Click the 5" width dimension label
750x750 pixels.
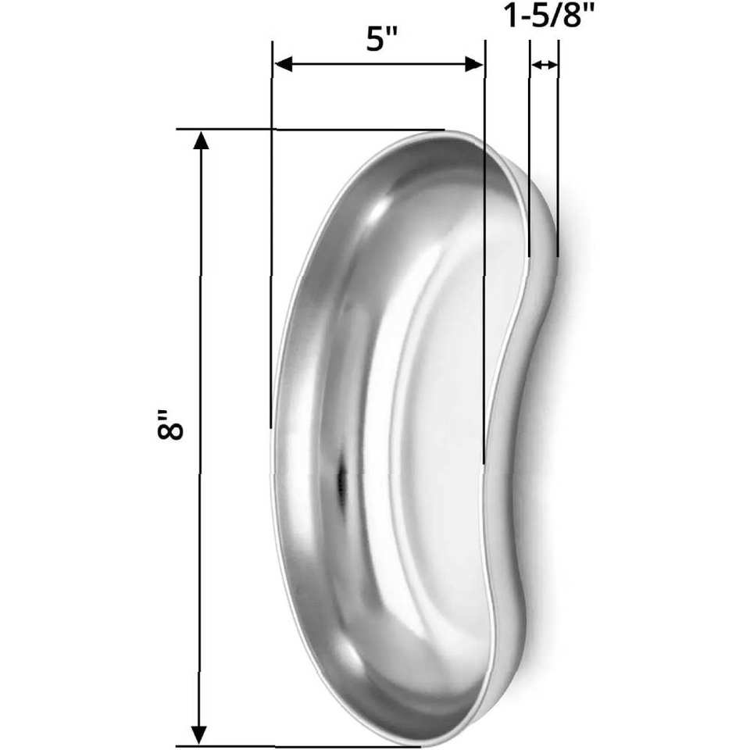coord(382,38)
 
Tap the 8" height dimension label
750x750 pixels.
coord(170,424)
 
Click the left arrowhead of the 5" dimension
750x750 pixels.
coord(284,64)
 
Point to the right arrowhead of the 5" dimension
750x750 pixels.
coord(474,64)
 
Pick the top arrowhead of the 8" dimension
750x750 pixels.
coord(201,141)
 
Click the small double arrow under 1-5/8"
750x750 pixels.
coord(545,65)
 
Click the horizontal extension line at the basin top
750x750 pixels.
coord(310,129)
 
